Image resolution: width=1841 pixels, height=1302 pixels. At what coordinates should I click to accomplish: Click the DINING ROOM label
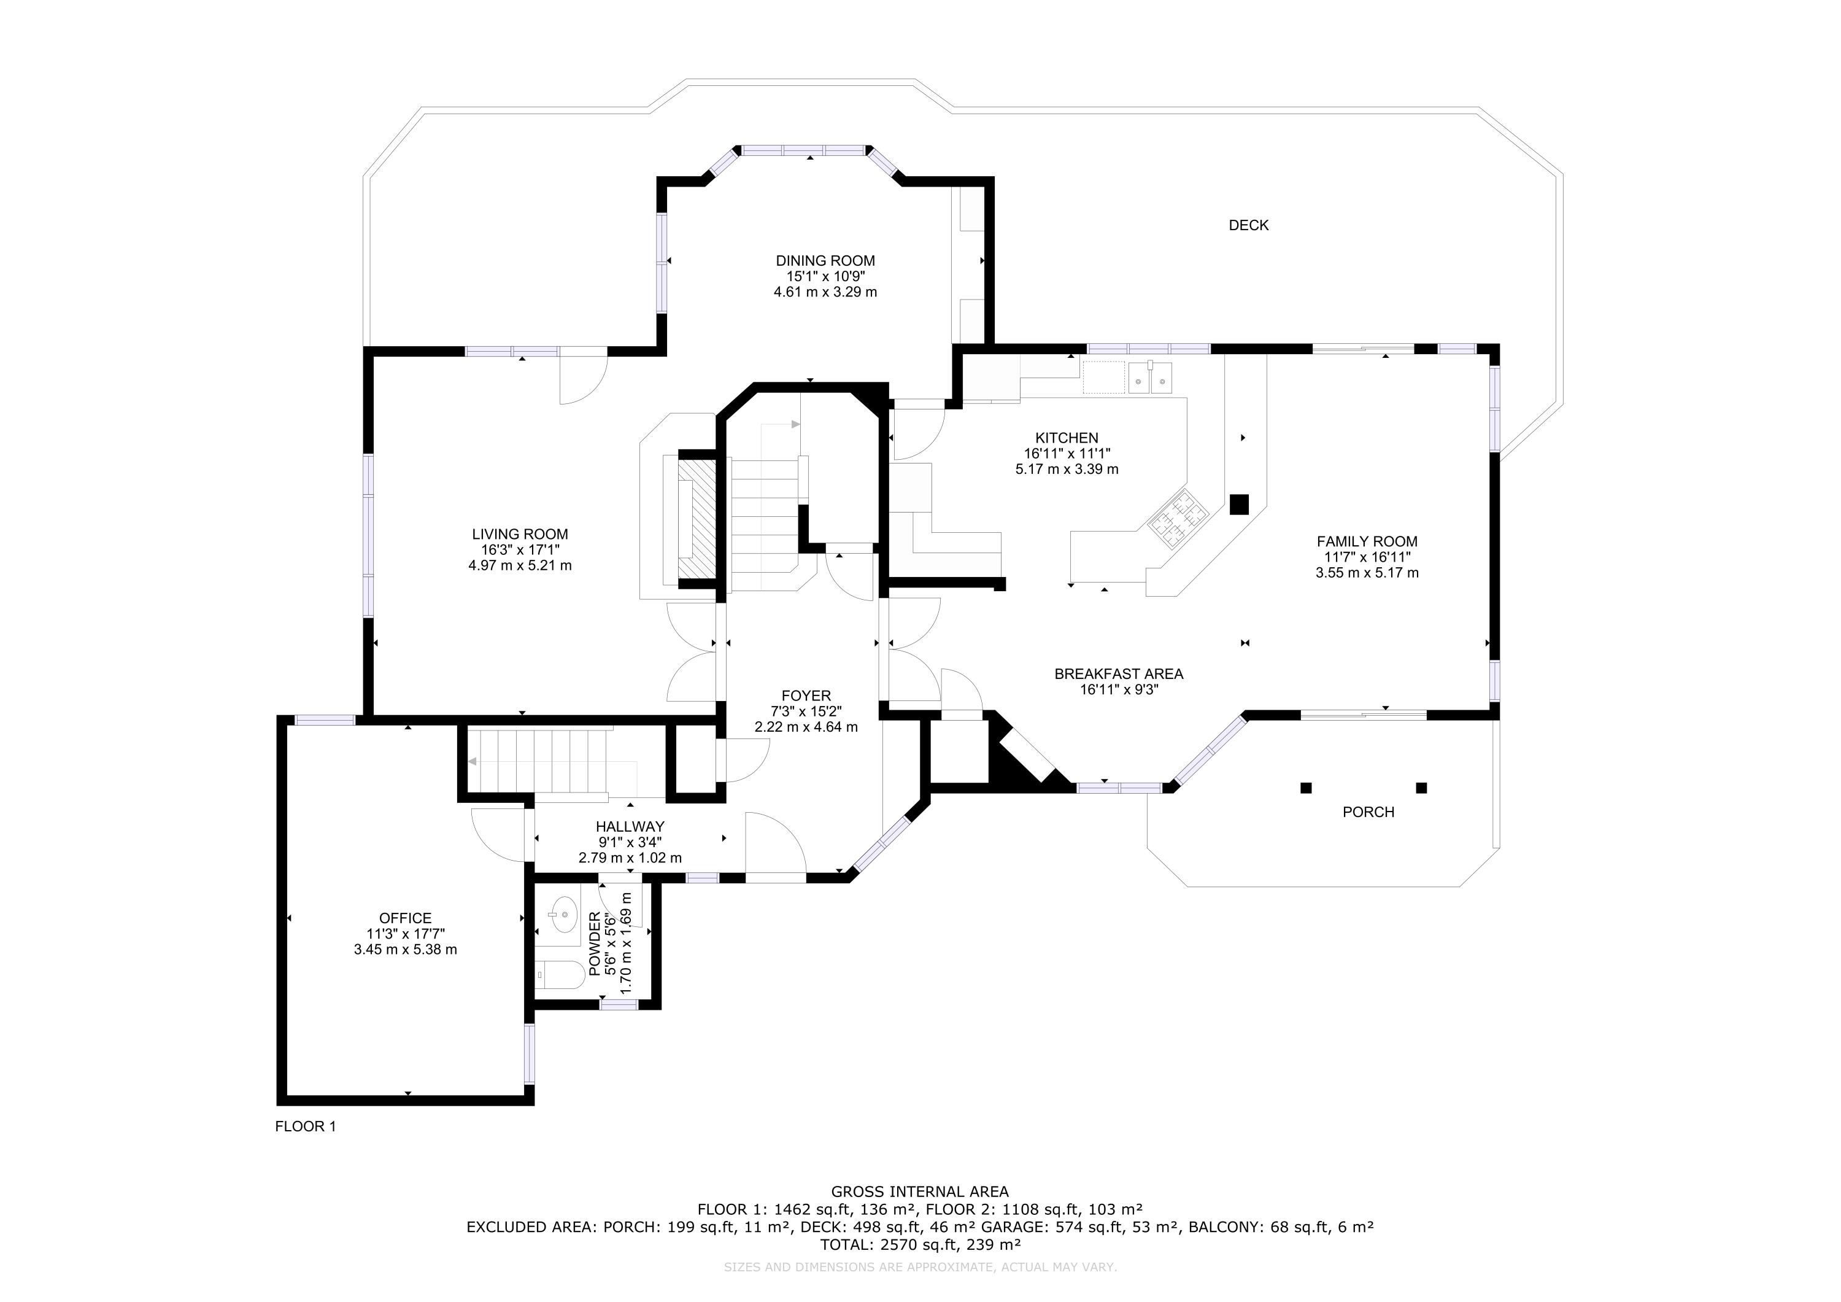pyautogui.click(x=825, y=261)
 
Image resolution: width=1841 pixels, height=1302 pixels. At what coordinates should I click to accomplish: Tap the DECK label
pyautogui.click(x=1248, y=225)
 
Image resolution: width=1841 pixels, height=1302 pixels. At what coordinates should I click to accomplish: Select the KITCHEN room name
pyautogui.click(x=1067, y=438)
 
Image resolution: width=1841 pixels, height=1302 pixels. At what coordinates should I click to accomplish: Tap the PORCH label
pyautogui.click(x=1368, y=812)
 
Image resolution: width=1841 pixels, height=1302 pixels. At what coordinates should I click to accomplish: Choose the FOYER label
pyautogui.click(x=806, y=696)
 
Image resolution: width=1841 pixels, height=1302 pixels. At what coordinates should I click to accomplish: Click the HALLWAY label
pyautogui.click(x=630, y=826)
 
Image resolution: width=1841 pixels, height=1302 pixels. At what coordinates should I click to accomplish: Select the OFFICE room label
pyautogui.click(x=405, y=918)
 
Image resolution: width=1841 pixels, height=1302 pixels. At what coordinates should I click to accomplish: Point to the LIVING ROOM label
pyautogui.click(x=520, y=534)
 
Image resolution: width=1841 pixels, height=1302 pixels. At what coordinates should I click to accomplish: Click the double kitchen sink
pyautogui.click(x=1151, y=379)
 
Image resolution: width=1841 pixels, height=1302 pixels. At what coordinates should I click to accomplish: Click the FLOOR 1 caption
pyautogui.click(x=306, y=1126)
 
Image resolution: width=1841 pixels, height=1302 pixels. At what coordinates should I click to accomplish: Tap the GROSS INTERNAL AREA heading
pyautogui.click(x=920, y=1192)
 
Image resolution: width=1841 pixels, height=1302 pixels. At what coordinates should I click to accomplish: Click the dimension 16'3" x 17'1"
pyautogui.click(x=520, y=549)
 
